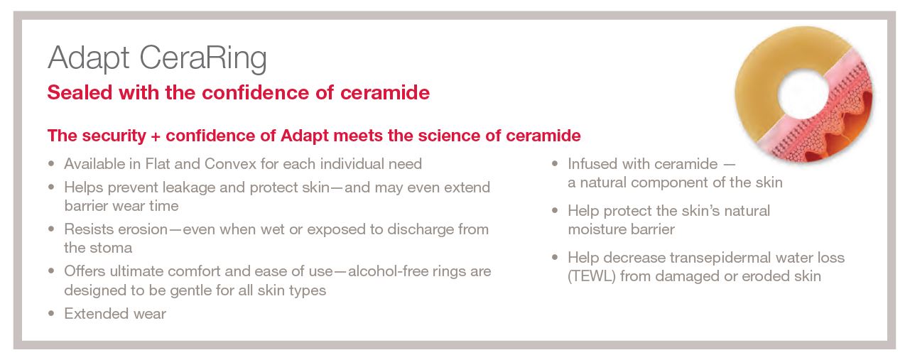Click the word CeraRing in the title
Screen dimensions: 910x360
[203, 59]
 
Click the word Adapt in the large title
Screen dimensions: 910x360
[89, 59]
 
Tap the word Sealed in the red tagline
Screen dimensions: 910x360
[80, 92]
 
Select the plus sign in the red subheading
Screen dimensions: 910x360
[156, 136]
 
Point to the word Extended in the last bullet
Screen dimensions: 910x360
[94, 314]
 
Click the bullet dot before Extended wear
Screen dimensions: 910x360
[51, 313]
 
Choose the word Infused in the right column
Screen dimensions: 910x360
[593, 164]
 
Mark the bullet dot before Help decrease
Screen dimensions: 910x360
[555, 257]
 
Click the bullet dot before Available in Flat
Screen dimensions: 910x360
[51, 163]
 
